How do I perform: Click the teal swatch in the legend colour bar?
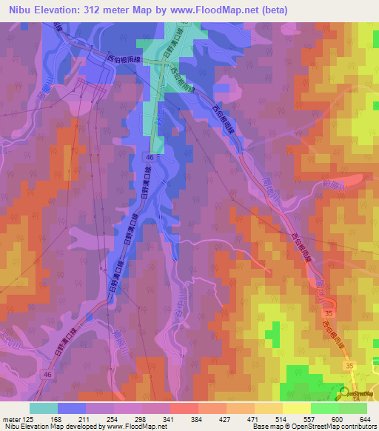coord(44,407)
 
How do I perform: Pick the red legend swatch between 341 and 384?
coord(184,407)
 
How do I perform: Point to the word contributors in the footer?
coord(358,427)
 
